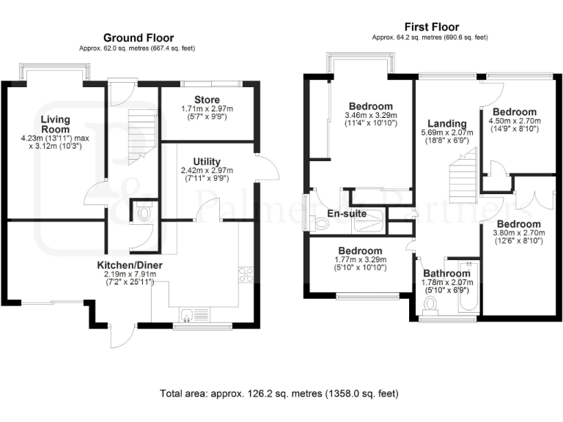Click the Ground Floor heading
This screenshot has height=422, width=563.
pyautogui.click(x=137, y=37)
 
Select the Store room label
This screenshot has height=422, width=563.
pyautogui.click(x=207, y=100)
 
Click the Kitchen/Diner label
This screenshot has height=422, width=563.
pyautogui.click(x=130, y=264)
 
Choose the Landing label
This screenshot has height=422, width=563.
pyautogui.click(x=447, y=123)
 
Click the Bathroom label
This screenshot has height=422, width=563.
pyautogui.click(x=446, y=273)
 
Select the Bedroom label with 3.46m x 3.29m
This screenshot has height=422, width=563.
pyautogui.click(x=370, y=105)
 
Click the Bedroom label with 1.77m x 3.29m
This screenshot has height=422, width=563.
pyautogui.click(x=356, y=250)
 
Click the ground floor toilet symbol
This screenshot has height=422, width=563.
pyautogui.click(x=144, y=213)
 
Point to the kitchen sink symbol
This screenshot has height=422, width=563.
pyautogui.click(x=188, y=315)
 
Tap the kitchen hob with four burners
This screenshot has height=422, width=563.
pyautogui.click(x=246, y=276)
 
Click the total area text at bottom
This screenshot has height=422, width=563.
pyautogui.click(x=279, y=393)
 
